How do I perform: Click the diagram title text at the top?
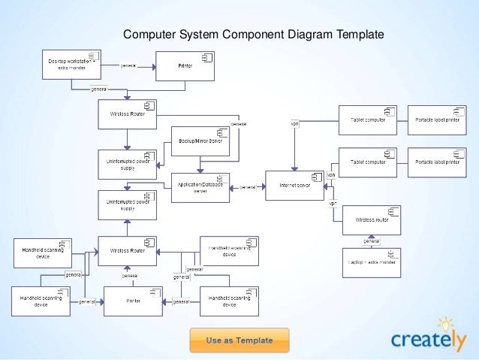[253, 34]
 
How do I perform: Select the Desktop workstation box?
[71, 65]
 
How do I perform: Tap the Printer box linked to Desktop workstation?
[185, 65]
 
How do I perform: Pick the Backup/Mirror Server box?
[200, 141]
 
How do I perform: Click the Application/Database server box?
[200, 187]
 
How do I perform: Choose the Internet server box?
[294, 185]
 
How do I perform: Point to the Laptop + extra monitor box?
[372, 262]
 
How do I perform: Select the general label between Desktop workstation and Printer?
[128, 65]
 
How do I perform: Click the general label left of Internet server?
[247, 187]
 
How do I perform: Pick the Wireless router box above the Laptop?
[372, 220]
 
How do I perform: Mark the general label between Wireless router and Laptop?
[372, 241]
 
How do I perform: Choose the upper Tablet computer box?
[368, 119]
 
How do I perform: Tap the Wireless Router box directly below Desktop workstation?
[128, 113]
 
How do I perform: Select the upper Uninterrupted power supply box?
[128, 164]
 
